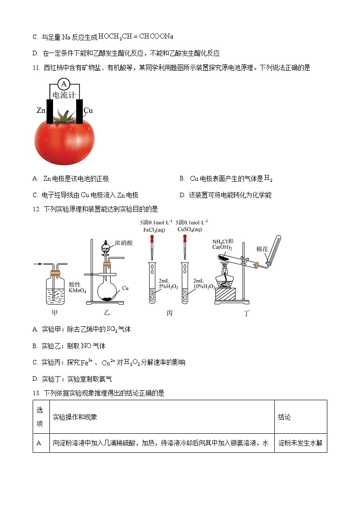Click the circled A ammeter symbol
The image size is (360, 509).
(x=64, y=84)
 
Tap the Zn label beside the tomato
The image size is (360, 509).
(x=41, y=110)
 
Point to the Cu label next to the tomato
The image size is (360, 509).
(x=88, y=110)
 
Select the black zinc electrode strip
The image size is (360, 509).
(x=50, y=111)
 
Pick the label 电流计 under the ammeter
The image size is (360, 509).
(x=64, y=95)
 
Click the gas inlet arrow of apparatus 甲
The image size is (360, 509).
(x=38, y=263)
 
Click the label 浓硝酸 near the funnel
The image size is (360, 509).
(x=124, y=243)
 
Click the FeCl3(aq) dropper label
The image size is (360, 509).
(x=154, y=229)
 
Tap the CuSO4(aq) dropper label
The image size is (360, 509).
(x=192, y=229)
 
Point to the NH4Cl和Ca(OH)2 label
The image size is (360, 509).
(x=223, y=244)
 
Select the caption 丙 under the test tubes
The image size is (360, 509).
(x=170, y=313)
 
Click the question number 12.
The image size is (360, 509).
(x=37, y=209)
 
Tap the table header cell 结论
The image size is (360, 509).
(x=284, y=417)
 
